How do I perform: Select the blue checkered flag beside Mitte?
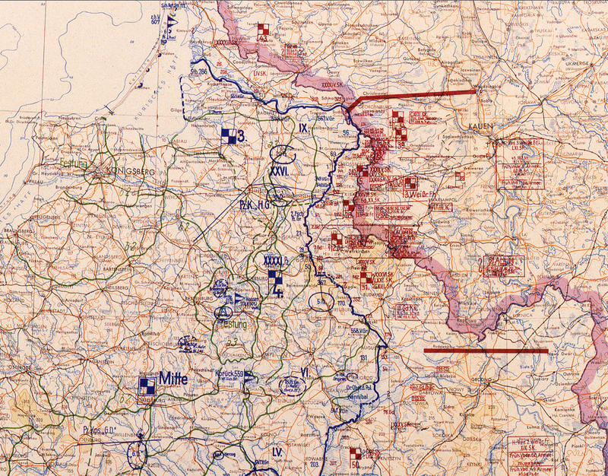pos(146,387)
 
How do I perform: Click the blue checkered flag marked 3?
pos(227,136)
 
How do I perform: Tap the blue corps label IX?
pos(303,129)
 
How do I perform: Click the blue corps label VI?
pos(304,372)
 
